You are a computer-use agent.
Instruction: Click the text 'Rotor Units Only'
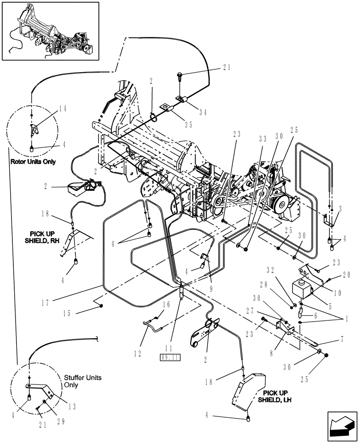(x=33, y=162)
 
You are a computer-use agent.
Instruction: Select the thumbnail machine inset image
(x=47, y=31)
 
